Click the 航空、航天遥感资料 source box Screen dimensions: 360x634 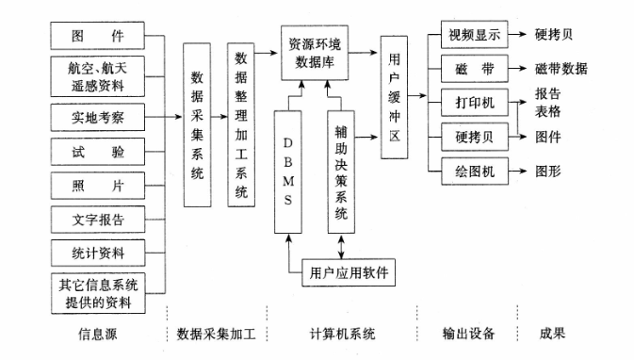[x=98, y=75]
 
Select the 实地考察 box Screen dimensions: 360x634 [x=98, y=117]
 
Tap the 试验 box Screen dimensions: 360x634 [x=98, y=151]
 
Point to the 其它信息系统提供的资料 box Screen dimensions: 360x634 [x=98, y=293]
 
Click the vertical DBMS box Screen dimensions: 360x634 [x=288, y=170]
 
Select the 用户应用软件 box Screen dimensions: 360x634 [x=348, y=274]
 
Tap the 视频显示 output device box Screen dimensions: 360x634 [x=475, y=35]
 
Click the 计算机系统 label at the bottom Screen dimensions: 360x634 [x=342, y=333]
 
